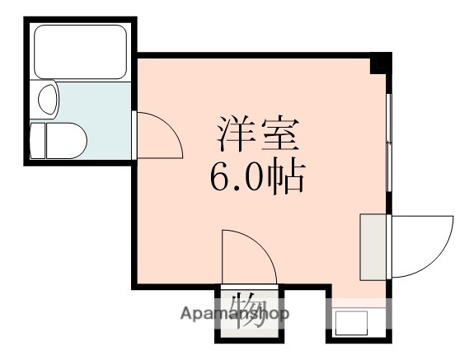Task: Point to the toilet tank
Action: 37,140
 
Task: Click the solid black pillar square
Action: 381,63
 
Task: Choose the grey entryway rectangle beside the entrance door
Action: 373,245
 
